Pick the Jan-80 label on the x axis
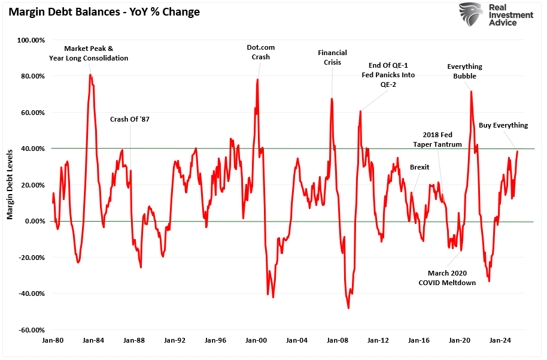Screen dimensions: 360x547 [x=53, y=340]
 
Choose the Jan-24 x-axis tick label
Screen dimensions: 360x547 [x=500, y=340]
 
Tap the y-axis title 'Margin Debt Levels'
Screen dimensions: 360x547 [x=10, y=184]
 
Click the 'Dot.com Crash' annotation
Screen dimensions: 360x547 [x=260, y=52]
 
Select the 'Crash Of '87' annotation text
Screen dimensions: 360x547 [x=130, y=119]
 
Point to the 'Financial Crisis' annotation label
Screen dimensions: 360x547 [x=332, y=58]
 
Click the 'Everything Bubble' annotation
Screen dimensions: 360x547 [x=464, y=71]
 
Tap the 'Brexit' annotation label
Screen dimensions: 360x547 [x=419, y=167]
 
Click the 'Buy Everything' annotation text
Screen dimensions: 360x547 [x=503, y=125]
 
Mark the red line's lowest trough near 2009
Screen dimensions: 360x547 [x=348, y=308]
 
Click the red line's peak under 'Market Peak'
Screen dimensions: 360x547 [x=90, y=75]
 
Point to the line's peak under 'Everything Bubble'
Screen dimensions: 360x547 [x=471, y=92]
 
